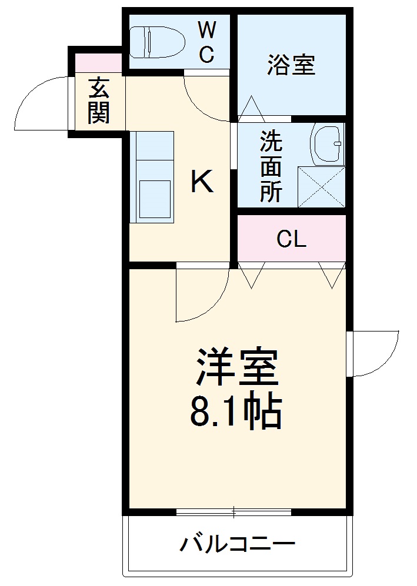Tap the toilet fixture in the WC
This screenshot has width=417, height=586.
[156, 41]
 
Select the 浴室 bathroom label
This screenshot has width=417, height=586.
[291, 65]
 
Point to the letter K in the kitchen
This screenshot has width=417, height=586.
[202, 182]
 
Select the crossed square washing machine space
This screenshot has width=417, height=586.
[321, 186]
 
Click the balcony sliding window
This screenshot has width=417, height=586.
[233, 512]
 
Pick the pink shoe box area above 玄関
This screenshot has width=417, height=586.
[99, 63]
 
